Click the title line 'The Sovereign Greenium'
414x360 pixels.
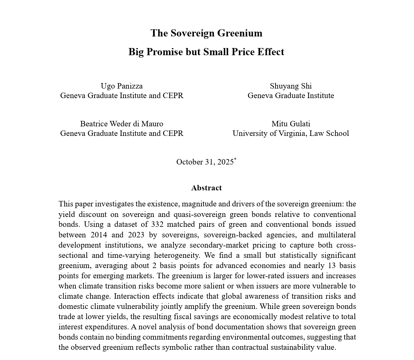pyautogui.click(x=206, y=33)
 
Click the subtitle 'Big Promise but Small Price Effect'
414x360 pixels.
pyautogui.click(x=206, y=52)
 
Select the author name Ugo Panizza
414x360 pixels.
pyautogui.click(x=121, y=86)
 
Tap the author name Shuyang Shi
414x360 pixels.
pyautogui.click(x=291, y=86)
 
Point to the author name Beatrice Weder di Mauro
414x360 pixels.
pyautogui.click(x=121, y=124)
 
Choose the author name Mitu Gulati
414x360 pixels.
pyautogui.click(x=291, y=124)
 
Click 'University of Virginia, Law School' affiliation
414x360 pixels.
pyautogui.click(x=291, y=133)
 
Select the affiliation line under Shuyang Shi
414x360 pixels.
pyautogui.click(x=291, y=95)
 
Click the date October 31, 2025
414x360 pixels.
pyautogui.click(x=205, y=162)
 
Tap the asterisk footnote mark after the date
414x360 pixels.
pyautogui.click(x=235, y=159)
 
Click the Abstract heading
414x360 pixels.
pyautogui.click(x=206, y=188)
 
